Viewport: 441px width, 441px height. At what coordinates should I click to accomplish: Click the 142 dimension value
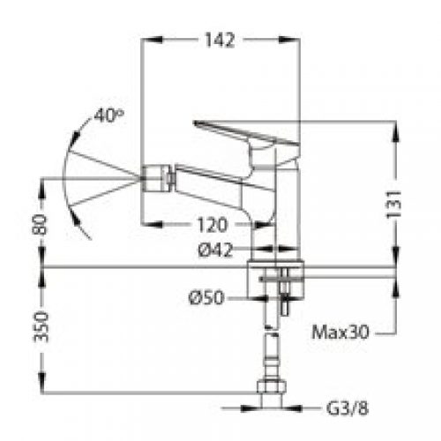click(x=220, y=40)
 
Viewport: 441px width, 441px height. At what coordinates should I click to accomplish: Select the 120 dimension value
click(x=213, y=225)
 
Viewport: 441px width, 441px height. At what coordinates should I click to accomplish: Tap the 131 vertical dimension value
click(x=393, y=204)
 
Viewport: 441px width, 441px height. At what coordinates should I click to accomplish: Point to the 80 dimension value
click(x=40, y=225)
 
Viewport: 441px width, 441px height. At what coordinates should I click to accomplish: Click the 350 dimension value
click(x=41, y=327)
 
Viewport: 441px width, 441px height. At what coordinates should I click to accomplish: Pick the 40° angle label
click(x=108, y=116)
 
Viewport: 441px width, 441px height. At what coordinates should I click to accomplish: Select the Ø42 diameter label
click(x=215, y=250)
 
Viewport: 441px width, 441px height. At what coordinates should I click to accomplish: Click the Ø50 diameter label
click(x=206, y=297)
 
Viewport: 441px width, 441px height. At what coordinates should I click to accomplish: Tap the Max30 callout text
click(x=340, y=333)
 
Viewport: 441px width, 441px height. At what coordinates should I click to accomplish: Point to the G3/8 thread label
click(x=348, y=408)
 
